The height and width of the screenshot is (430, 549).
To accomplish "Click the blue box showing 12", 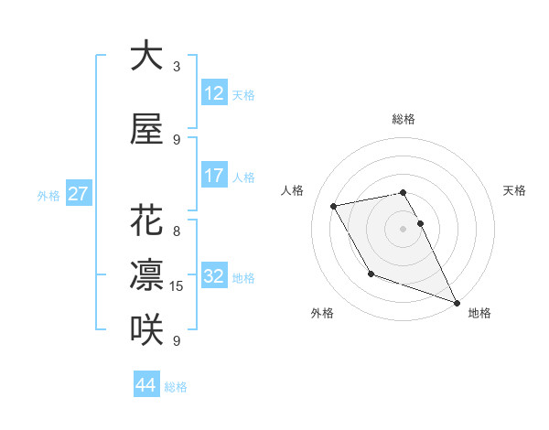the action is click(x=214, y=93).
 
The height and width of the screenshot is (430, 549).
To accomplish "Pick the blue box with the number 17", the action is click(x=214, y=176).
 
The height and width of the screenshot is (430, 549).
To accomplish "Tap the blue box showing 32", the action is click(x=214, y=277).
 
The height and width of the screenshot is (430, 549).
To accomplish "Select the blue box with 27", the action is click(x=78, y=195).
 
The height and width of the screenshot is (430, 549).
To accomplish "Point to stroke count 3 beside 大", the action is click(x=177, y=66).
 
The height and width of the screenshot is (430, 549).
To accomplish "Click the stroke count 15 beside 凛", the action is click(x=178, y=286).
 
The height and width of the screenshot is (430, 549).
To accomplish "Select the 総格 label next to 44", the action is click(x=176, y=387).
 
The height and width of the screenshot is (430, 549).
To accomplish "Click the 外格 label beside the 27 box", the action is click(x=48, y=196).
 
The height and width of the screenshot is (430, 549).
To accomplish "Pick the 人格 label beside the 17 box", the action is click(x=243, y=177).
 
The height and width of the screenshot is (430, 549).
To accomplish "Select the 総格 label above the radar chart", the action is click(x=403, y=119).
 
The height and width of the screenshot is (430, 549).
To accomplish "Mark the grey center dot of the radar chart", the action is click(x=403, y=229).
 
